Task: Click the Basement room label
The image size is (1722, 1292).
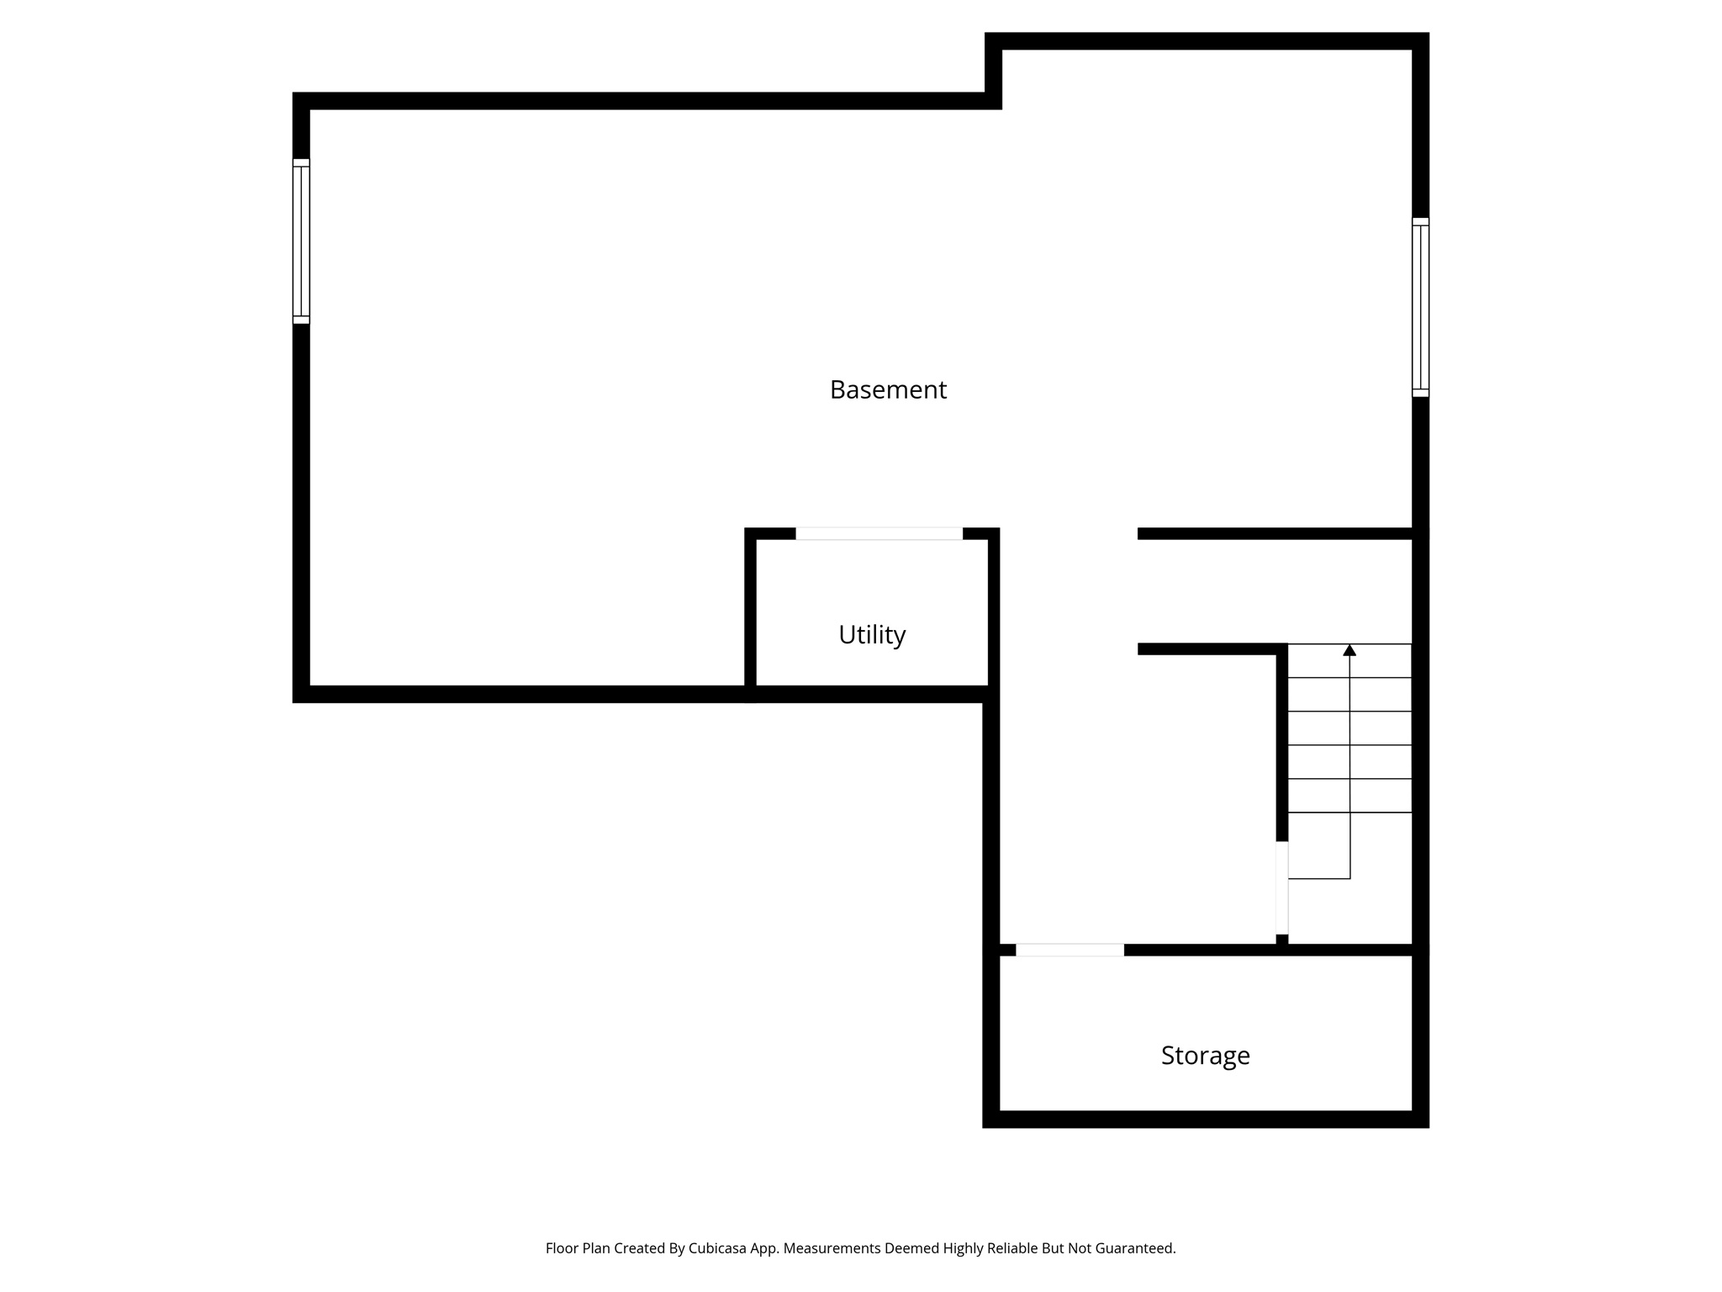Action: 888,389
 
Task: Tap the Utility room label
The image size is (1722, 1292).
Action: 872,634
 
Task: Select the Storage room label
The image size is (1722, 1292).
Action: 1205,1055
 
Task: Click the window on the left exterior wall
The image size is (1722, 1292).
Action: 301,241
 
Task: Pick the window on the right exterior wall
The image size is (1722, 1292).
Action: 1420,307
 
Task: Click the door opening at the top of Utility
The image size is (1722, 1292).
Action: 879,533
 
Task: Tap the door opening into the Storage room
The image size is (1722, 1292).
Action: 1070,950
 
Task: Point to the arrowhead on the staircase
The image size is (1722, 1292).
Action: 1350,650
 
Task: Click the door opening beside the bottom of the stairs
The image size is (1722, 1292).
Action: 1281,887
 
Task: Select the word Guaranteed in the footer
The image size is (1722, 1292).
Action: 1133,1248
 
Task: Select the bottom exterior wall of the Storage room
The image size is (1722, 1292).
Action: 1205,1119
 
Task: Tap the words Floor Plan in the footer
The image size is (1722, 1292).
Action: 577,1248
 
